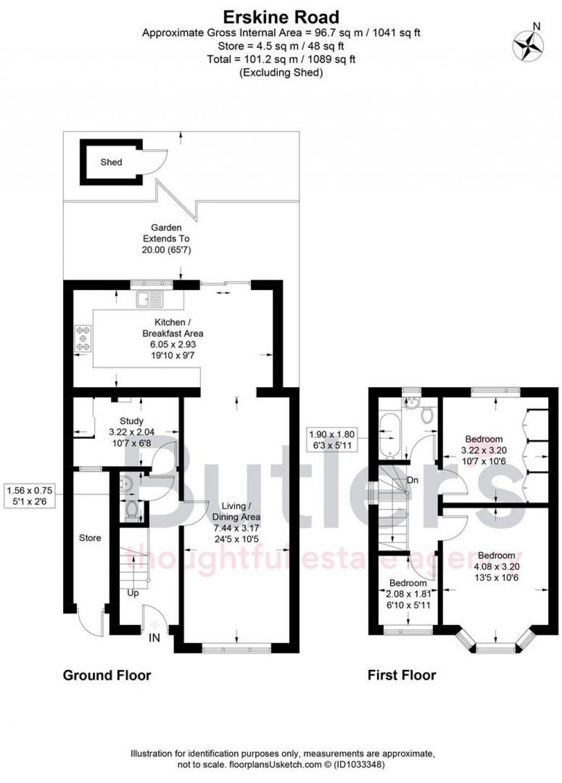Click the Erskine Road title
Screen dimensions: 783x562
(x=281, y=17)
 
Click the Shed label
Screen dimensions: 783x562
(x=111, y=162)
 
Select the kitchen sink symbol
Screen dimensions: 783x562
(x=150, y=299)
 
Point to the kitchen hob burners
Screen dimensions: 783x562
(x=83, y=339)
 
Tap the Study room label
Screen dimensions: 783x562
(x=132, y=421)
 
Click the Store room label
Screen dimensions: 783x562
(x=90, y=538)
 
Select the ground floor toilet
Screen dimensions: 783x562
(x=131, y=511)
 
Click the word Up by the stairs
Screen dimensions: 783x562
(x=133, y=593)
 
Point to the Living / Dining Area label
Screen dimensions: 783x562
(x=237, y=511)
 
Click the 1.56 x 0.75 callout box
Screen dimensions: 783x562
(x=30, y=495)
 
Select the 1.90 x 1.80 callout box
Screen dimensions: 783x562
(x=332, y=440)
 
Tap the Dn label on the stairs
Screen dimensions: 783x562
(x=413, y=480)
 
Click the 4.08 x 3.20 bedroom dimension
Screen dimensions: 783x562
(x=496, y=566)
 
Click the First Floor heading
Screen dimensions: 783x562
(x=402, y=675)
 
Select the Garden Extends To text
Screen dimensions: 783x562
(x=166, y=238)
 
